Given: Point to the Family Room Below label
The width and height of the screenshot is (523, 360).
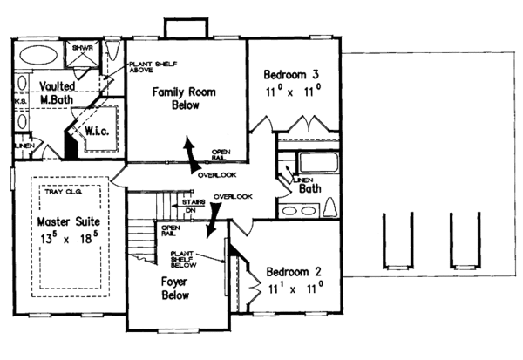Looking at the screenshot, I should click(x=184, y=98).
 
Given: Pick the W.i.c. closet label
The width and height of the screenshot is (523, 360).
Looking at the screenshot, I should click(x=96, y=132).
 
